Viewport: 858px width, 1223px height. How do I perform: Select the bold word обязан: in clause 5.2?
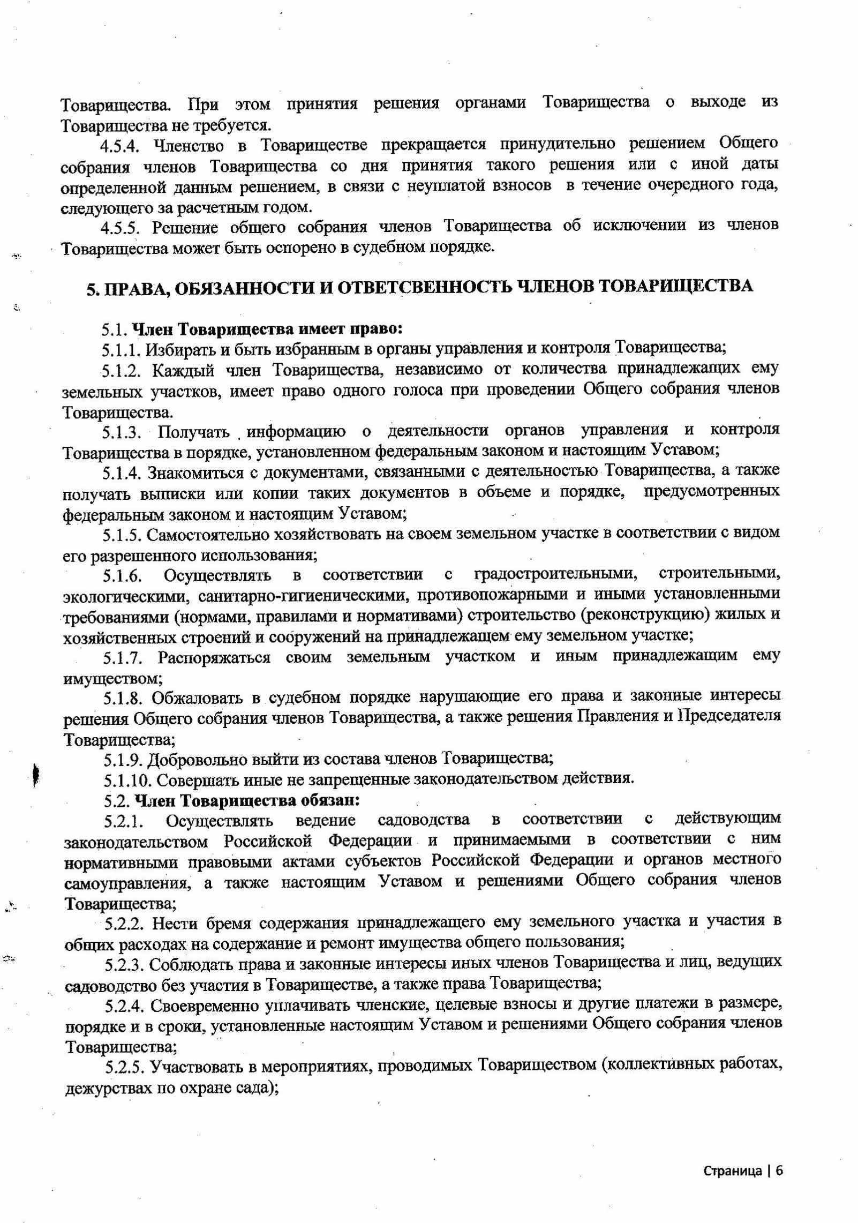coord(327,800)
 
